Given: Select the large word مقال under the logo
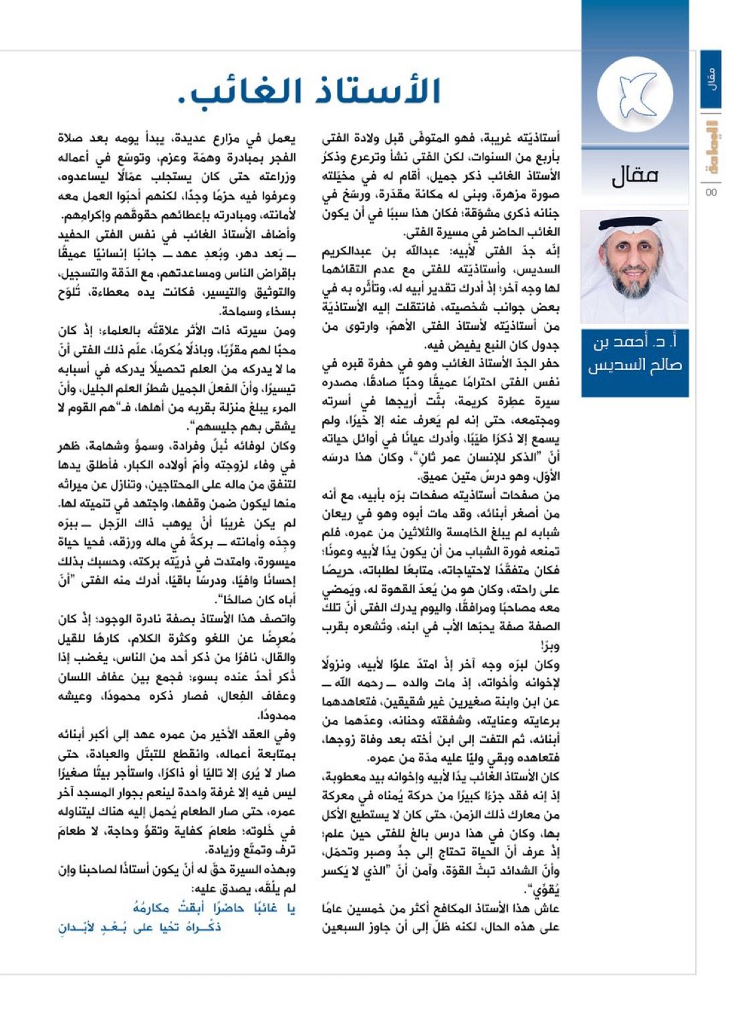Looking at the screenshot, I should pos(634,176).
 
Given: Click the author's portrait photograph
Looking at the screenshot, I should pos(634,267).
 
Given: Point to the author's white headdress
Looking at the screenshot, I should pos(634,230).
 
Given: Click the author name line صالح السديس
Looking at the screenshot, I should pos(634,366).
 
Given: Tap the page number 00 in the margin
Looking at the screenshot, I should pos(711,193).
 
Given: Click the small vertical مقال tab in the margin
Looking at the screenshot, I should pos(711,79).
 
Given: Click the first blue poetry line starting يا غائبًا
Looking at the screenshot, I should pos(215,908).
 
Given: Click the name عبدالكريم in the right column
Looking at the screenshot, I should pos(346,252).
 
